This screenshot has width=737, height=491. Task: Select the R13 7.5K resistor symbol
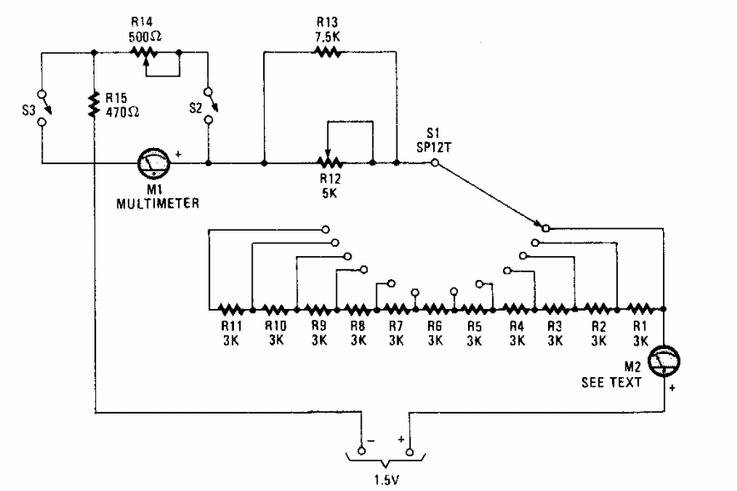(x=326, y=53)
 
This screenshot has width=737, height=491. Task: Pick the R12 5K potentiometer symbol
(x=326, y=161)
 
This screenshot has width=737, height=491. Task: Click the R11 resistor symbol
(x=231, y=309)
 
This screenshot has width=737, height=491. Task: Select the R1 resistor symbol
(x=638, y=309)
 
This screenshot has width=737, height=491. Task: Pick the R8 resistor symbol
(x=356, y=309)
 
